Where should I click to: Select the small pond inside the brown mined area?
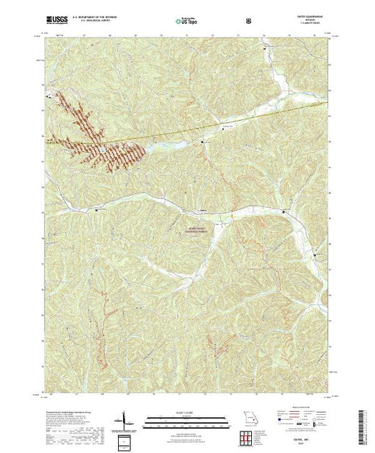pyautogui.click(x=104, y=150)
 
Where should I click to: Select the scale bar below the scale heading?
pyautogui.click(x=187, y=419)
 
